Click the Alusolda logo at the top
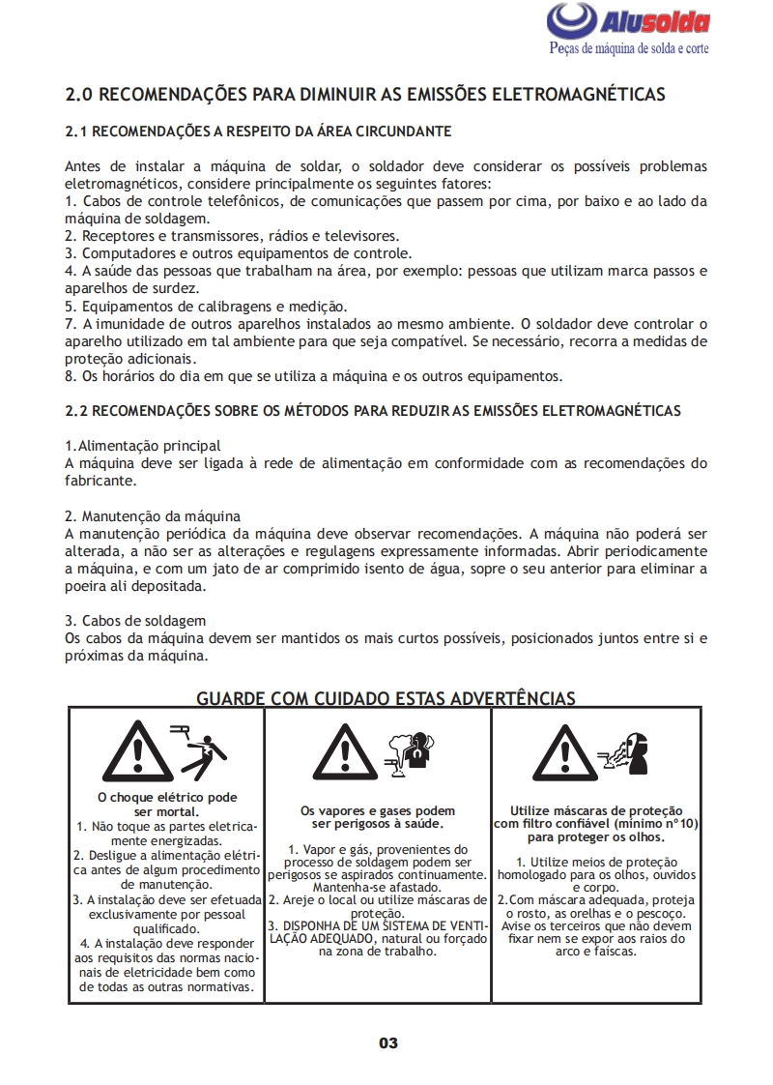click(x=628, y=21)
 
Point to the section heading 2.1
click(x=258, y=131)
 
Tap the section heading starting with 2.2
click(x=372, y=411)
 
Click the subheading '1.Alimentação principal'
click(x=142, y=446)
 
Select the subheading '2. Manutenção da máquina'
click(x=153, y=515)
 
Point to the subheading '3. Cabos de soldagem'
click(x=135, y=620)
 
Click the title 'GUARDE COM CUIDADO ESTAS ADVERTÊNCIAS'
click(x=386, y=697)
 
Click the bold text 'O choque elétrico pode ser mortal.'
click(x=167, y=805)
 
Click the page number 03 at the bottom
click(x=387, y=1043)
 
